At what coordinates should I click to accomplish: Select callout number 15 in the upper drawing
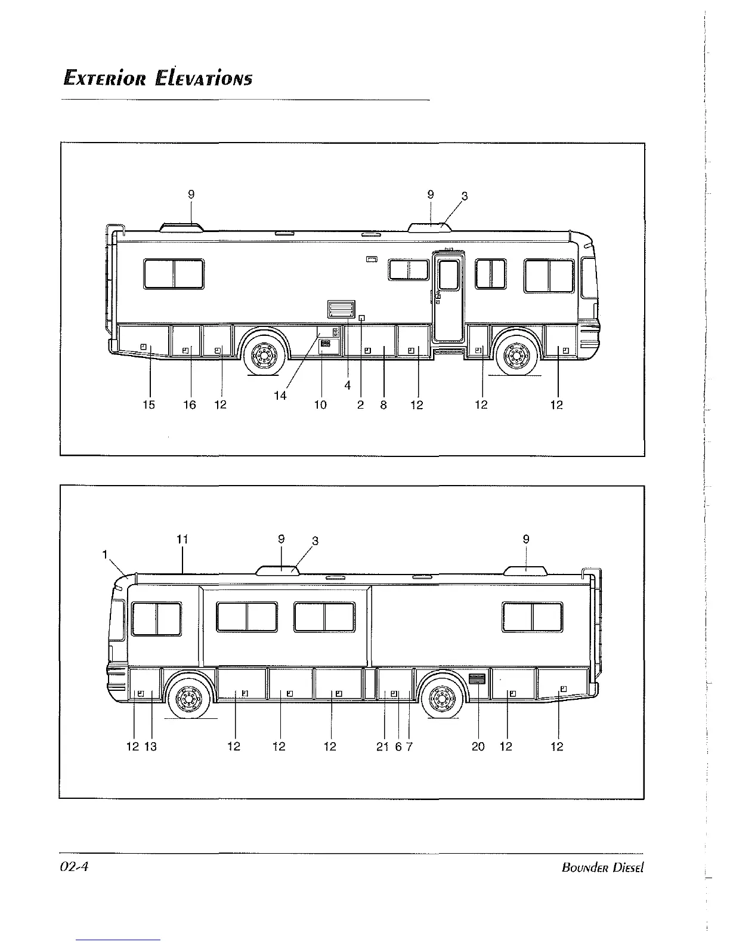(x=149, y=405)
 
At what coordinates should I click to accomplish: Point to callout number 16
(x=189, y=405)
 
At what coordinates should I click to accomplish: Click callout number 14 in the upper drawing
(x=280, y=396)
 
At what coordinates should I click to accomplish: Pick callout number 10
(x=320, y=405)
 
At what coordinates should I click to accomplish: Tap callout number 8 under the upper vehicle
(x=383, y=405)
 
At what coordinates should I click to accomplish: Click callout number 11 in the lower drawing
(x=182, y=539)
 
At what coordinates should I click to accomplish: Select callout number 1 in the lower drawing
(x=105, y=554)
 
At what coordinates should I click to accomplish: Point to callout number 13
(x=151, y=746)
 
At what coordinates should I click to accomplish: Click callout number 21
(x=383, y=746)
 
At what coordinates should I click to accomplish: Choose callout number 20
(x=478, y=746)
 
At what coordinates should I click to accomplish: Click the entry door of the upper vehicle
(x=448, y=298)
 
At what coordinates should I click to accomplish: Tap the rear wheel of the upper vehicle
(x=263, y=354)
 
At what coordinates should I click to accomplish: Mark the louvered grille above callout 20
(x=477, y=680)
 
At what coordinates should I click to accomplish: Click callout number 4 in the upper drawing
(x=348, y=385)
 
